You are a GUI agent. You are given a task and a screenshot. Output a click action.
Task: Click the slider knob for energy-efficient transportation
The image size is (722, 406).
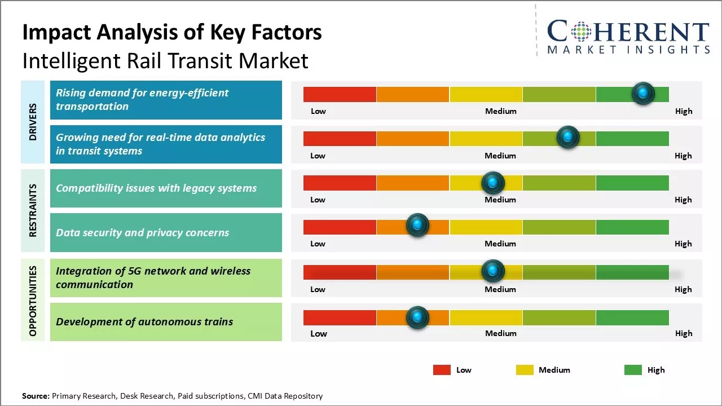[643, 94]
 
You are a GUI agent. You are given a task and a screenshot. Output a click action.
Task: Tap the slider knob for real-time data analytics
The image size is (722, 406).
[568, 138]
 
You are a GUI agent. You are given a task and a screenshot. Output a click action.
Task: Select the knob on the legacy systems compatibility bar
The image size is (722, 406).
[493, 183]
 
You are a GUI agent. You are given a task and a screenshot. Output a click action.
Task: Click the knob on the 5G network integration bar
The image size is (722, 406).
[493, 271]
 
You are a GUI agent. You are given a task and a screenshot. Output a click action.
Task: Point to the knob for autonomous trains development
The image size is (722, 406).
[417, 317]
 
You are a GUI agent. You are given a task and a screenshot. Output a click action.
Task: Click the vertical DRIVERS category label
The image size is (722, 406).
[33, 122]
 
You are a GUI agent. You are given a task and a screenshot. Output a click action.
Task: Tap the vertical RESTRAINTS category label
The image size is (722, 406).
[33, 210]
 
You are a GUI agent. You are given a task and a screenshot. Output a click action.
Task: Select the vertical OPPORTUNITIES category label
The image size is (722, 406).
[33, 301]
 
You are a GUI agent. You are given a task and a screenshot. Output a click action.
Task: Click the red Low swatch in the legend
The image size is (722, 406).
[442, 370]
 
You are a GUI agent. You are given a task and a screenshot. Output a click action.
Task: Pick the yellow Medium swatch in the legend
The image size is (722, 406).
[525, 370]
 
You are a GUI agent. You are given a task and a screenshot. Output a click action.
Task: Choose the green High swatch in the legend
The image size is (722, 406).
[633, 370]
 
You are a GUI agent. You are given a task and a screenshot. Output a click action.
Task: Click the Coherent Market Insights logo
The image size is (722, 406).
[628, 37]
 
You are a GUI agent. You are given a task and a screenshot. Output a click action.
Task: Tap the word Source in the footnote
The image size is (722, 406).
[36, 396]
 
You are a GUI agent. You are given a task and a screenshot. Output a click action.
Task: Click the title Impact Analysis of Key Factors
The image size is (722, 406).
[172, 32]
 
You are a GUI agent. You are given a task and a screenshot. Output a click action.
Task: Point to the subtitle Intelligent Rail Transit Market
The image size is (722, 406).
[165, 60]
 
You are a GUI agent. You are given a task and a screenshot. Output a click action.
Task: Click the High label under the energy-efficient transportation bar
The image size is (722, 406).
[683, 111]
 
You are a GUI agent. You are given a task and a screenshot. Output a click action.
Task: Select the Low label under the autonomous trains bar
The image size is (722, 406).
[318, 333]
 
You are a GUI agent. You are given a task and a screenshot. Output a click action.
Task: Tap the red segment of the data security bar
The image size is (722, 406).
[340, 227]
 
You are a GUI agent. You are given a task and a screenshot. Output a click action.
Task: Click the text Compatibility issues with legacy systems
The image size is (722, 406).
[156, 188]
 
